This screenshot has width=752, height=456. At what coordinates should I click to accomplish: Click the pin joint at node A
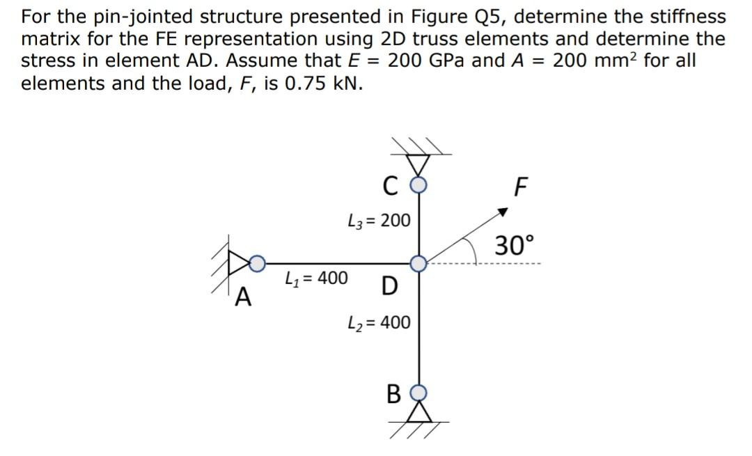[257, 263]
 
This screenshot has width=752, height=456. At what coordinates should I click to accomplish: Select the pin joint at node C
[418, 185]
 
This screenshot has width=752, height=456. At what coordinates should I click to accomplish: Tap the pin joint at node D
[418, 263]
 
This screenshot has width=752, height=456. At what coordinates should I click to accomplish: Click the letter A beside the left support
[242, 298]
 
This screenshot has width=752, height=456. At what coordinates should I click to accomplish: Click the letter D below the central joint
[390, 285]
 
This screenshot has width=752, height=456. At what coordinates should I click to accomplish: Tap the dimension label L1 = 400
[317, 278]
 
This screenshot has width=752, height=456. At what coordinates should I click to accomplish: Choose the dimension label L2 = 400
[379, 322]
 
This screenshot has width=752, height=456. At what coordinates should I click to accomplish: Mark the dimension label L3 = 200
[379, 221]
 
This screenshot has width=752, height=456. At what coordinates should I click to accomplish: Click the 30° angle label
[515, 246]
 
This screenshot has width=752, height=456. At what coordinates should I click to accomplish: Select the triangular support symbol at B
[418, 412]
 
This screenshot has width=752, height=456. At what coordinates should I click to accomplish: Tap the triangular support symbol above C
[418, 165]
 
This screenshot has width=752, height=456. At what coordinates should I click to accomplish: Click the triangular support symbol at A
[239, 263]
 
